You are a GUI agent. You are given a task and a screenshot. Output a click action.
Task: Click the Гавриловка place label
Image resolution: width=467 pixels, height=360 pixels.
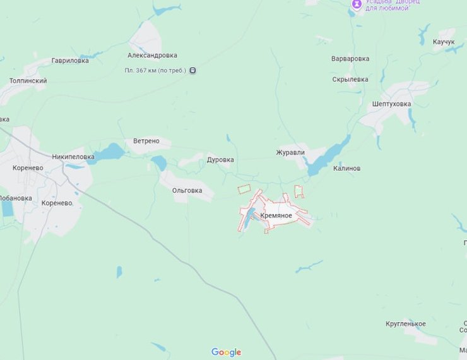pyautogui.click(x=70, y=61)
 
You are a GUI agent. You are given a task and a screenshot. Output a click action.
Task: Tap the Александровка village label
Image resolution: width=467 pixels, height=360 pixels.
pyautogui.click(x=152, y=56)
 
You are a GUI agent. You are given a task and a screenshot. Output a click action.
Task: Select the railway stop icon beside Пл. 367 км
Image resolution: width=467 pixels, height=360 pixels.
pyautogui.click(x=192, y=70)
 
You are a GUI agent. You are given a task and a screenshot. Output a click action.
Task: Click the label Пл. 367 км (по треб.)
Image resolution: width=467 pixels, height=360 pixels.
pyautogui.click(x=155, y=70)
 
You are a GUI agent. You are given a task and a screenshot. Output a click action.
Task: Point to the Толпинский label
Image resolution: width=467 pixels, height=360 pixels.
pyautogui.click(x=28, y=81)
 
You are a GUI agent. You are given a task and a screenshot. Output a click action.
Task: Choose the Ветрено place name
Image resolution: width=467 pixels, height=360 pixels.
pyautogui.click(x=146, y=141)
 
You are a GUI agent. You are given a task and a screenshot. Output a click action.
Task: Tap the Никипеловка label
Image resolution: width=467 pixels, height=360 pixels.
pyautogui.click(x=73, y=157)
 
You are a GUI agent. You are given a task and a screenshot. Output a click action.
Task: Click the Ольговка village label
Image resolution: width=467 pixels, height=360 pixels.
pyautogui.click(x=187, y=190)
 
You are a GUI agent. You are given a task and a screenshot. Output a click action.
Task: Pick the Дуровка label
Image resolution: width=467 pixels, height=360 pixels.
pyautogui.click(x=220, y=160)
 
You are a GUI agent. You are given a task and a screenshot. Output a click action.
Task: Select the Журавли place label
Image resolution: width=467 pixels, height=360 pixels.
pyautogui.click(x=290, y=152)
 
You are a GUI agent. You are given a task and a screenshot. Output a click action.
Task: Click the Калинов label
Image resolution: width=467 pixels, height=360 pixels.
pyautogui.click(x=347, y=169)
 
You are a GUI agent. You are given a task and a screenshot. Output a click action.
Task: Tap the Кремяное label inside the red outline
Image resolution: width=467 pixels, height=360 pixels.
pyautogui.click(x=276, y=216)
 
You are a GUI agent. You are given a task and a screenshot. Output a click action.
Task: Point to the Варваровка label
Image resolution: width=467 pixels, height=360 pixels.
pyautogui.click(x=350, y=59)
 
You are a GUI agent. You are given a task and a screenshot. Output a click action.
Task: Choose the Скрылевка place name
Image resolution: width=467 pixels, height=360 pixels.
pyautogui.click(x=350, y=80)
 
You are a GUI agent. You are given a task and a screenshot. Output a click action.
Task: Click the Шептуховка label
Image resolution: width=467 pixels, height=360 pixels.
pyautogui.click(x=391, y=104)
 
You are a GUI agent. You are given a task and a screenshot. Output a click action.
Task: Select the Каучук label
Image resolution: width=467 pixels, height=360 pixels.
pyautogui.click(x=444, y=42)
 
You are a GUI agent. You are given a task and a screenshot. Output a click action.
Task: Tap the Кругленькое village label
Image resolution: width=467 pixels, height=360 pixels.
pyautogui.click(x=405, y=324)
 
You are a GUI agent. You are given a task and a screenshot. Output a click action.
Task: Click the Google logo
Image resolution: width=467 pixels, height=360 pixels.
pyautogui.click(x=226, y=352)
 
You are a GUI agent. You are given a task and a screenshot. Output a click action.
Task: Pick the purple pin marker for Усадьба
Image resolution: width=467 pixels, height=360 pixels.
pyautogui.click(x=357, y=5)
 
